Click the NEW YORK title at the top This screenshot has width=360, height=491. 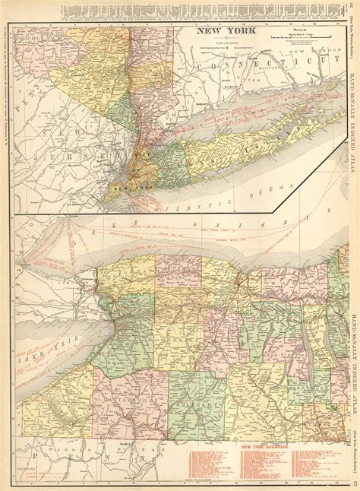pos(223,32)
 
